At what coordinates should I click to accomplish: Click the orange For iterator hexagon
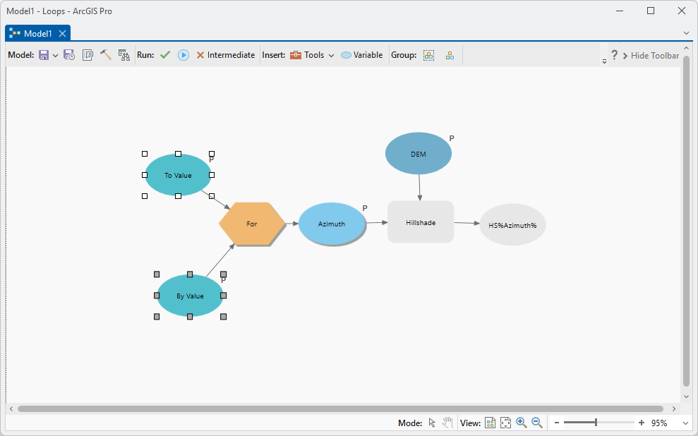pyautogui.click(x=252, y=224)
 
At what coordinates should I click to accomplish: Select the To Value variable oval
pyautogui.click(x=178, y=175)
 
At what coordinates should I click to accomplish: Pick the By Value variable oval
pyautogui.click(x=190, y=296)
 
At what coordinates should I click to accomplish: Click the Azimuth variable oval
pyautogui.click(x=332, y=224)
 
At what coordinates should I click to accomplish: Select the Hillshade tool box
pyautogui.click(x=421, y=222)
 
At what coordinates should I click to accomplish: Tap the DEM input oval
pyautogui.click(x=419, y=154)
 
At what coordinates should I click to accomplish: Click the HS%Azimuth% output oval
pyautogui.click(x=513, y=225)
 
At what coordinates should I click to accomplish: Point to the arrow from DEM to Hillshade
pyautogui.click(x=419, y=187)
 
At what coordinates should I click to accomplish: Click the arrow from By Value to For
pyautogui.click(x=220, y=260)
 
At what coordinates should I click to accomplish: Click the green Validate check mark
pyautogui.click(x=165, y=55)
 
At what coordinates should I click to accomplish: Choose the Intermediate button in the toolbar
pyautogui.click(x=226, y=55)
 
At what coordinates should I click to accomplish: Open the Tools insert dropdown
pyautogui.click(x=312, y=55)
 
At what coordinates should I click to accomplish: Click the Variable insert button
pyautogui.click(x=361, y=55)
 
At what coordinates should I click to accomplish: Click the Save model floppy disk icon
pyautogui.click(x=44, y=55)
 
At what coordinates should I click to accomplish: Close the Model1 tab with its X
pyautogui.click(x=63, y=33)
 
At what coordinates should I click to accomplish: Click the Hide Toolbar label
pyautogui.click(x=655, y=55)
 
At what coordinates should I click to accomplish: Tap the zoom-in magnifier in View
pyautogui.click(x=522, y=423)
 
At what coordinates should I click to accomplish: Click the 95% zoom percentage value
pyautogui.click(x=659, y=423)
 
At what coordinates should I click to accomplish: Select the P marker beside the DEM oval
pyautogui.click(x=452, y=138)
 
